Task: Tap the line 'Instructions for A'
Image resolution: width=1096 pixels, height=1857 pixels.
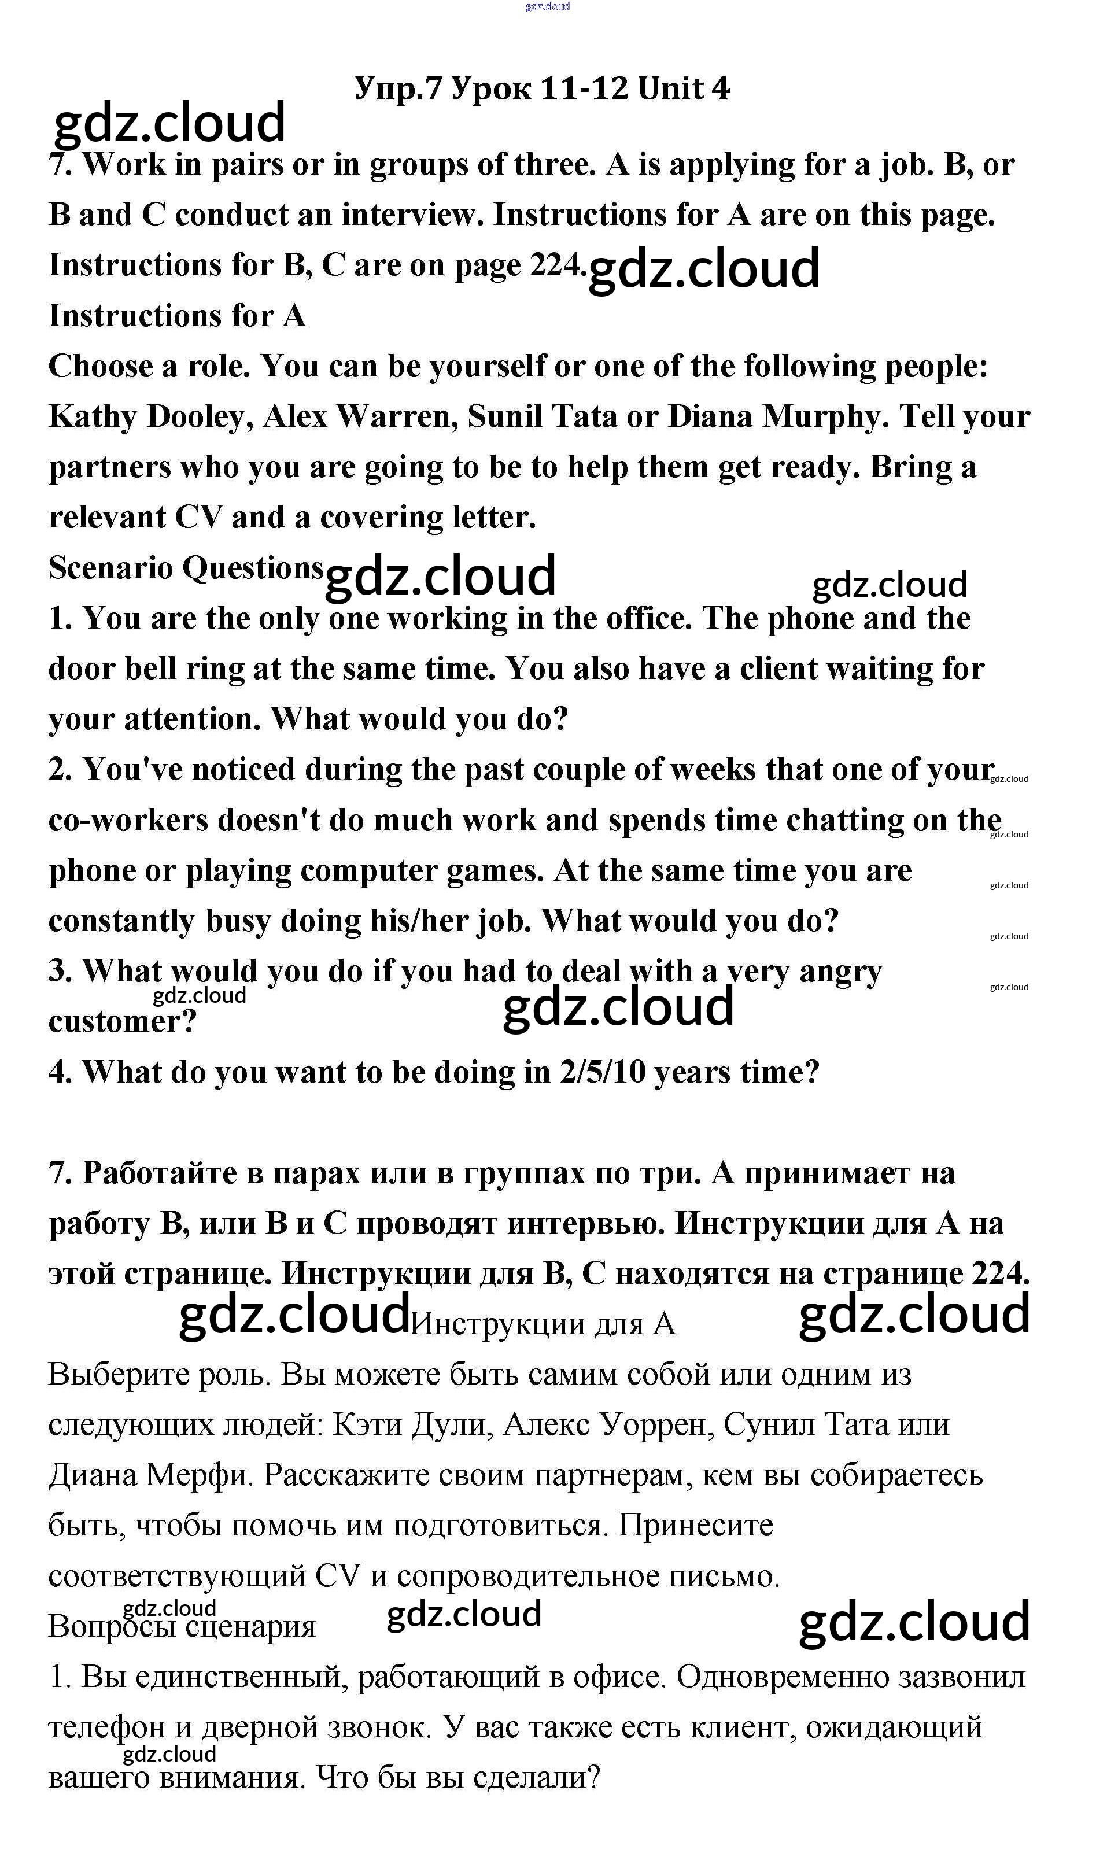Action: [x=176, y=316]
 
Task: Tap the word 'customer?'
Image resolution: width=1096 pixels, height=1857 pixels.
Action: [x=123, y=1022]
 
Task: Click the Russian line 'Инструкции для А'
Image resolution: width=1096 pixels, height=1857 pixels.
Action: [x=543, y=1324]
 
